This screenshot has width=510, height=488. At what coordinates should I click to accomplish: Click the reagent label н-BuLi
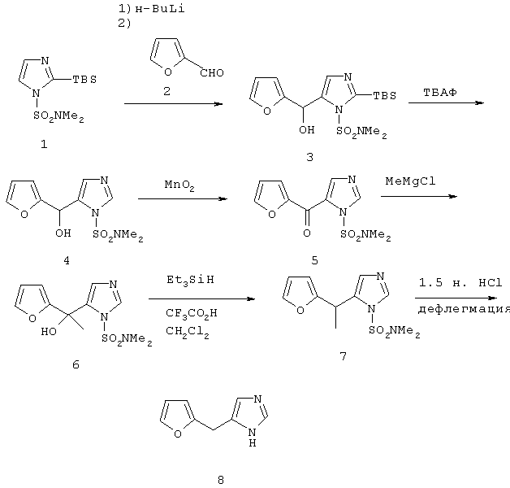point(160,9)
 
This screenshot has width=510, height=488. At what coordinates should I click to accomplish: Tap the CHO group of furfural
point(212,73)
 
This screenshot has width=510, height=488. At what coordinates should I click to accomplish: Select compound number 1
point(44,144)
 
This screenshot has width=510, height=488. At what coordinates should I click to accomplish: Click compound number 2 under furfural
point(166,91)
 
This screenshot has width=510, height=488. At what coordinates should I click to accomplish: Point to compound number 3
point(309,157)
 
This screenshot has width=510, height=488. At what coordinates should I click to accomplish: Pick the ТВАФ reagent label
point(439,93)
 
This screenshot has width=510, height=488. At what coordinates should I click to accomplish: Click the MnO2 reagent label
point(179,185)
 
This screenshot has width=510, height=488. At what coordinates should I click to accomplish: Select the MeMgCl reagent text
point(410,181)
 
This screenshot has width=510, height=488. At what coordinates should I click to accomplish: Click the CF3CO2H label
point(192,314)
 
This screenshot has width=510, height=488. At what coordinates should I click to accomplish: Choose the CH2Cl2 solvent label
point(188,332)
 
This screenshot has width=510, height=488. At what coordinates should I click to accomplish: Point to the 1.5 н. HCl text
point(460,283)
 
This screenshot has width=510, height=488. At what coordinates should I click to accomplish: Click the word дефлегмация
point(464,309)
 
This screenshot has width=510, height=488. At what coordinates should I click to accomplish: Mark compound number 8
point(221,480)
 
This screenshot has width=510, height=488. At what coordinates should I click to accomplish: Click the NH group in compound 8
point(253,438)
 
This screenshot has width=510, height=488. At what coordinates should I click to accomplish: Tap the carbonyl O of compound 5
point(307,233)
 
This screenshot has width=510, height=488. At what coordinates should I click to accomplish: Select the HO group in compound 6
point(49,332)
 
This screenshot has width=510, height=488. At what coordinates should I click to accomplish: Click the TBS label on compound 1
point(84,80)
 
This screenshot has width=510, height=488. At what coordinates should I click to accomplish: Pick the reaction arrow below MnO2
point(183,198)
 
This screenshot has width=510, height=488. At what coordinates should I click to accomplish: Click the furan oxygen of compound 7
point(300,311)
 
